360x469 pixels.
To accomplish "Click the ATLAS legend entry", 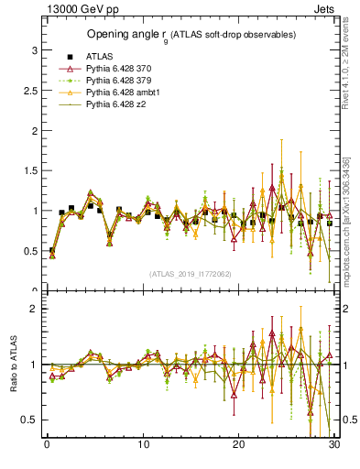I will [99, 57].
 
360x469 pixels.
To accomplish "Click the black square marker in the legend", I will [70, 57].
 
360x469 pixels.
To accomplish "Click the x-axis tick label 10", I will [143, 444].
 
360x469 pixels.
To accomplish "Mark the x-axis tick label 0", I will [47, 444].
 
